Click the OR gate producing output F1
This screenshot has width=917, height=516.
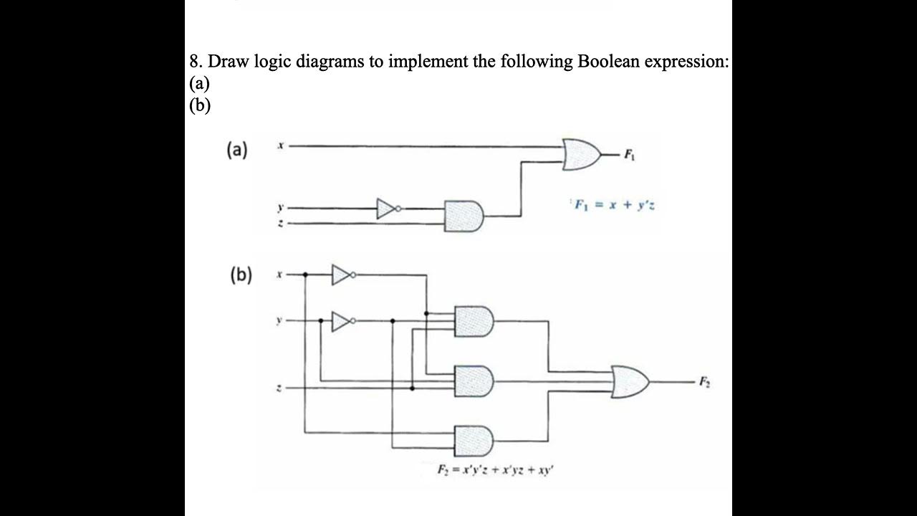(581, 154)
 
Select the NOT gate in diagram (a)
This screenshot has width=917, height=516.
(387, 209)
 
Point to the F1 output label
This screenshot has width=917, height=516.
(630, 153)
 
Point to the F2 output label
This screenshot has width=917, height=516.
(706, 383)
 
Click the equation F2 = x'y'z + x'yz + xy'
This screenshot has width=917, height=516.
(496, 470)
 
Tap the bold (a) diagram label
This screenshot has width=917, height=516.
(236, 150)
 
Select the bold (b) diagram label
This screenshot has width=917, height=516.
(240, 274)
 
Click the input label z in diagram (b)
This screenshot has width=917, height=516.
(281, 388)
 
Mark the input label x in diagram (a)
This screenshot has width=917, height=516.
(282, 146)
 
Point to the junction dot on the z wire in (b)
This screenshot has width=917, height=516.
(412, 388)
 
